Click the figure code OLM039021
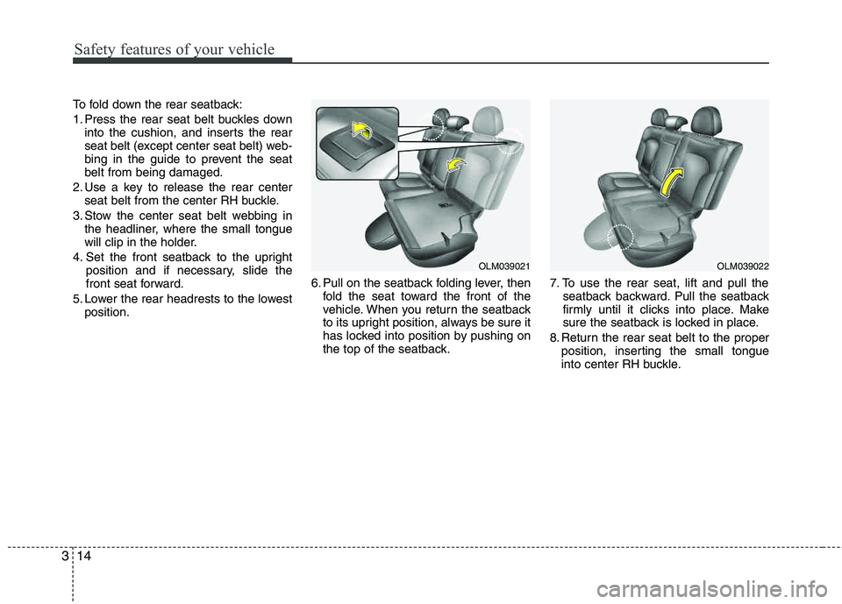click(503, 266)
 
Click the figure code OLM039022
click(742, 266)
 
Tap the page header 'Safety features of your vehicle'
click(175, 49)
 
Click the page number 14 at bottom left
click(84, 556)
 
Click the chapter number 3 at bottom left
click(65, 556)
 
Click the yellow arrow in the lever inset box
click(364, 130)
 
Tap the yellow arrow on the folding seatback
click(456, 165)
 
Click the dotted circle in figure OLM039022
click(620, 237)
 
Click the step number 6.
click(315, 283)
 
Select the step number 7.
click(554, 283)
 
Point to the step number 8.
click(554, 338)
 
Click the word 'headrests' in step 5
click(193, 299)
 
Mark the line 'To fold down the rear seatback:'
click(157, 104)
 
